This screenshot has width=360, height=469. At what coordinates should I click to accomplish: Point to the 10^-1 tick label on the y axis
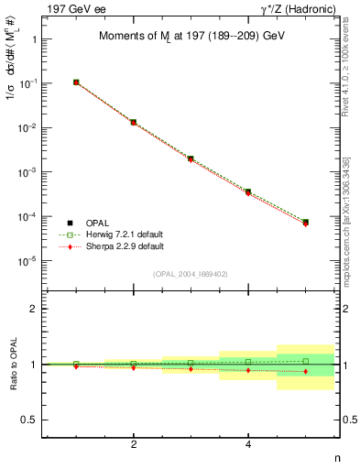(28, 83)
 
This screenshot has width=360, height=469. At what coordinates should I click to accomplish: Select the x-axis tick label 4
(248, 444)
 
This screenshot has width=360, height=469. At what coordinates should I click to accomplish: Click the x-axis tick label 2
(134, 444)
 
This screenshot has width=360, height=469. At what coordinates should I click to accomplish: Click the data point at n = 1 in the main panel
(76, 82)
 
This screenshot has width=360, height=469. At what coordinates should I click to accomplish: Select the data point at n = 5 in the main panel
(305, 223)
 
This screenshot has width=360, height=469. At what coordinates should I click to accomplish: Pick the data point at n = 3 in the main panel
(191, 158)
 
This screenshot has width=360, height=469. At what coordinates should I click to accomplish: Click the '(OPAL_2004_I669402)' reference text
(191, 274)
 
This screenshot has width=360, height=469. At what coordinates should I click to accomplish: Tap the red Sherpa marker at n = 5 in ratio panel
(305, 371)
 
